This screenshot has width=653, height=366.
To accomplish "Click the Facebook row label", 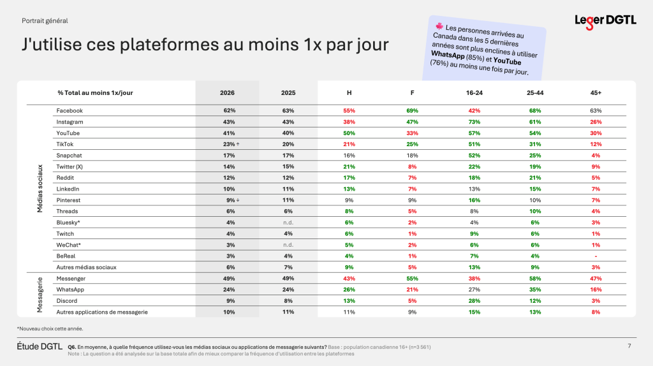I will coord(70,110).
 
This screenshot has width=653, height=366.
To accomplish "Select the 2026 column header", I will coord(227,93).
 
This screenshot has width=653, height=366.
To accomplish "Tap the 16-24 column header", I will coord(475,93).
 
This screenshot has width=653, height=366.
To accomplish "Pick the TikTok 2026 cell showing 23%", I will coord(228,144).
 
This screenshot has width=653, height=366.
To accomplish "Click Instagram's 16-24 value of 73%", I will coord(475,122).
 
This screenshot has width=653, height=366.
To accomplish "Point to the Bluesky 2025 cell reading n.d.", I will coord(288,223).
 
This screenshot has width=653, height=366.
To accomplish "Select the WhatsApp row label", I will coord(71,289).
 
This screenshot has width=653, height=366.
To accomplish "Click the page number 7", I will coord(630,346).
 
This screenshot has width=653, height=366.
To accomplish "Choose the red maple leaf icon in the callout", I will coord(439,27).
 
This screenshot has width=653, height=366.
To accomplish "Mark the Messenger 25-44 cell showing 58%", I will coord(535,279).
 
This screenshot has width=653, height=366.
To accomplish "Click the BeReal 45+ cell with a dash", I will coord(596,256).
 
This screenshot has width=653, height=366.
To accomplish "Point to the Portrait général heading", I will coord(45,21).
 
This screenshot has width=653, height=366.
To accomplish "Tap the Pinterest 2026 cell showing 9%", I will coord(228,200).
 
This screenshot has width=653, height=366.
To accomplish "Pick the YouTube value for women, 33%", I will coord(413,133).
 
